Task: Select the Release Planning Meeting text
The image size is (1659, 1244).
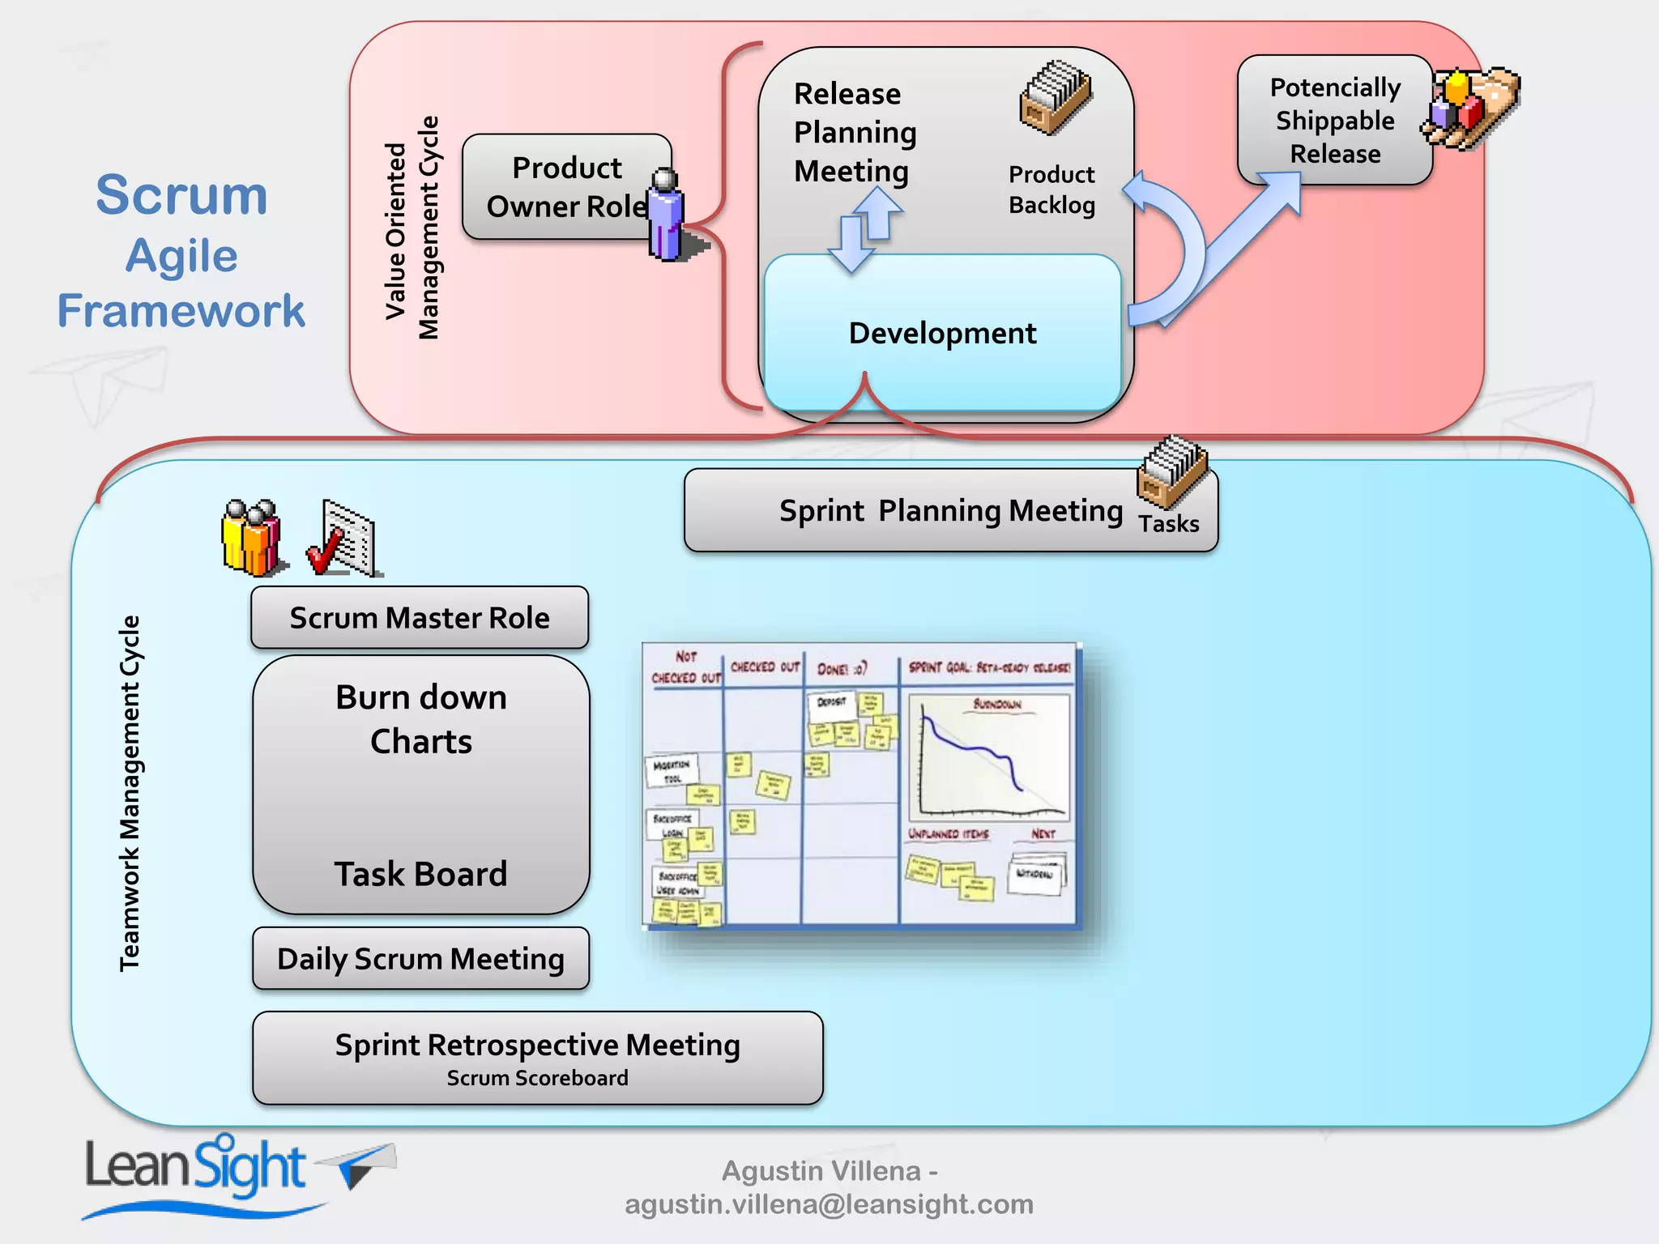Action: click(855, 132)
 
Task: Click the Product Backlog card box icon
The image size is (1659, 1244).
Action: click(1056, 98)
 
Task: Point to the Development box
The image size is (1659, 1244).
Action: click(942, 333)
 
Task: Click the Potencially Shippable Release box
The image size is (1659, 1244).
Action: click(1334, 120)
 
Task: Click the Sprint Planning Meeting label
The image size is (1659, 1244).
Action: click(950, 511)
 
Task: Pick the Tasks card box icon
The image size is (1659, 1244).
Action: click(1171, 473)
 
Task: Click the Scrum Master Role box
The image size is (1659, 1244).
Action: click(420, 618)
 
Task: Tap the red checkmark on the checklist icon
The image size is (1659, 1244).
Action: click(324, 552)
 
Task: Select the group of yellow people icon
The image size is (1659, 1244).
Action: click(251, 538)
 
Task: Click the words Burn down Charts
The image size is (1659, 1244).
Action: click(421, 719)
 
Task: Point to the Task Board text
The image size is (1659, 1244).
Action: click(421, 874)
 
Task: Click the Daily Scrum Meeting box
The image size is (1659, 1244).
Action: click(420, 959)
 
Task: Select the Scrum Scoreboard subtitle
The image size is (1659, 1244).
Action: click(537, 1078)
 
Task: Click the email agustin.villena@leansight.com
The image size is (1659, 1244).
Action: click(829, 1204)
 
